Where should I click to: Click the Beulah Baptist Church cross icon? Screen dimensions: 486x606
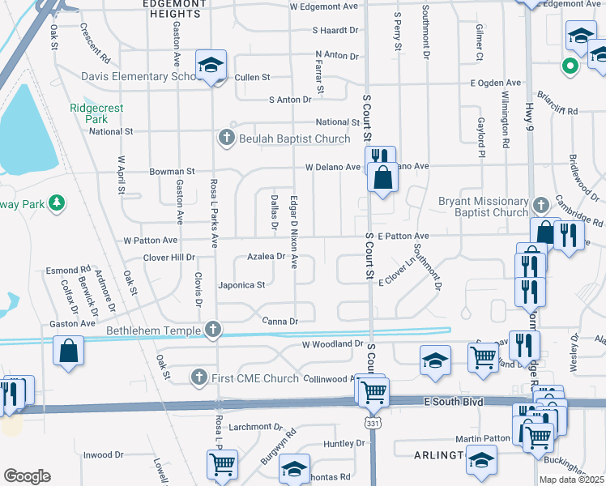[227, 139]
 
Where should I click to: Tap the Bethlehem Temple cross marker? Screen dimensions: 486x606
[212, 329]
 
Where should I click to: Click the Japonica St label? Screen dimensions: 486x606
[241, 285]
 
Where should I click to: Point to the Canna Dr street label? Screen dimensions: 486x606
[280, 322]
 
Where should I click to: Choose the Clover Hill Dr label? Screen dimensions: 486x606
[169, 258]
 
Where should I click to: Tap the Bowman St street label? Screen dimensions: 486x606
[172, 172]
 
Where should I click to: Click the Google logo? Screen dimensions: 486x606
[27, 476]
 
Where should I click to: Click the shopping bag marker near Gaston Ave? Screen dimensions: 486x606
[70, 350]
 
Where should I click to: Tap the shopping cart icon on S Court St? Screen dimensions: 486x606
[373, 392]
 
